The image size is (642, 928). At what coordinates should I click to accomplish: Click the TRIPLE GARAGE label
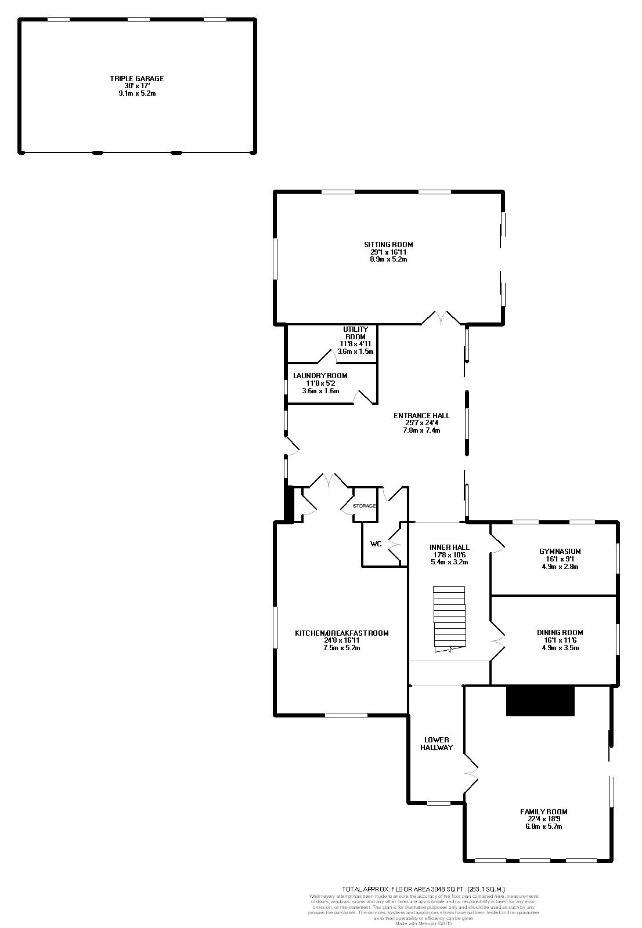click(x=137, y=78)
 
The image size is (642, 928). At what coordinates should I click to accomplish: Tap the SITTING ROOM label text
click(x=388, y=245)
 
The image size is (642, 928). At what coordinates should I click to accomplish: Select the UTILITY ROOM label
click(x=355, y=333)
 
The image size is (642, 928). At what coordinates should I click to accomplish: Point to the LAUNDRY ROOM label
click(x=320, y=376)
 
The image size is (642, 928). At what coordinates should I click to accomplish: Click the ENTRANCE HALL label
click(x=421, y=416)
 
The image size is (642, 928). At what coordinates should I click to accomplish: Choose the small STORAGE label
click(x=365, y=506)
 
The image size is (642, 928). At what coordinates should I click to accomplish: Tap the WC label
click(x=376, y=544)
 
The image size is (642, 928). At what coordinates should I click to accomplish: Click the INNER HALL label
click(x=449, y=547)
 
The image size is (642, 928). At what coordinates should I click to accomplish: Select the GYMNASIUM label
click(x=560, y=552)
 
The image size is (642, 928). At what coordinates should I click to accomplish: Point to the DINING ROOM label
click(x=560, y=633)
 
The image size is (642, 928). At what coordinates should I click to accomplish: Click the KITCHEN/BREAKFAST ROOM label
click(x=341, y=633)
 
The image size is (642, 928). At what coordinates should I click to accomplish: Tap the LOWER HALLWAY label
click(x=437, y=744)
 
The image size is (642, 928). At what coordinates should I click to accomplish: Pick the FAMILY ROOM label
click(x=543, y=811)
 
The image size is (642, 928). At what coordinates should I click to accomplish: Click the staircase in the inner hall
click(x=449, y=619)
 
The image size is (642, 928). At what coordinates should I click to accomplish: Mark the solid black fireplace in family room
click(x=540, y=701)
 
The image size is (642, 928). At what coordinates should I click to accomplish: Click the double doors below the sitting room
click(x=441, y=318)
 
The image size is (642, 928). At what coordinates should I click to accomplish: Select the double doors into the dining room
click(x=497, y=641)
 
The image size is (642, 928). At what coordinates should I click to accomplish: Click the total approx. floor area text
click(x=424, y=889)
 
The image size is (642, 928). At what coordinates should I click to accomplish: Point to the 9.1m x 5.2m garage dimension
click(x=137, y=93)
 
